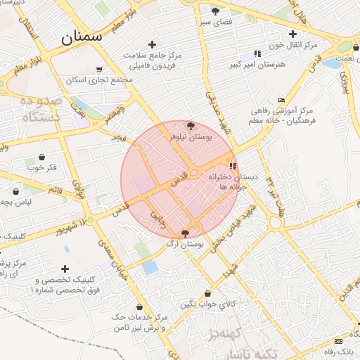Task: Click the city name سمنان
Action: pyautogui.click(x=82, y=36)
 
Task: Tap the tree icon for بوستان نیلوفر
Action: pyautogui.click(x=191, y=126)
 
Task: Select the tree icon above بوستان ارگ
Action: pyautogui.click(x=185, y=233)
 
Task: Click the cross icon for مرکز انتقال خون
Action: pyautogui.click(x=292, y=34)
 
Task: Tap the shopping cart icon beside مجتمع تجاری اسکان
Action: pyautogui.click(x=99, y=69)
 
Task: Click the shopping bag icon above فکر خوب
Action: pyautogui.click(x=41, y=157)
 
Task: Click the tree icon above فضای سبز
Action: pyautogui.click(x=215, y=11)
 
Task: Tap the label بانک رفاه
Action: pyautogui.click(x=340, y=350)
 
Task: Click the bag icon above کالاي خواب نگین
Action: pyautogui.click(x=207, y=293)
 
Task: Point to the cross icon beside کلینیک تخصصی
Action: pyautogui.click(x=65, y=269)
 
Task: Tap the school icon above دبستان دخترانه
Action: pyautogui.click(x=233, y=167)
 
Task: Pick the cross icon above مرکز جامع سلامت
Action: pyautogui.click(x=152, y=44)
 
